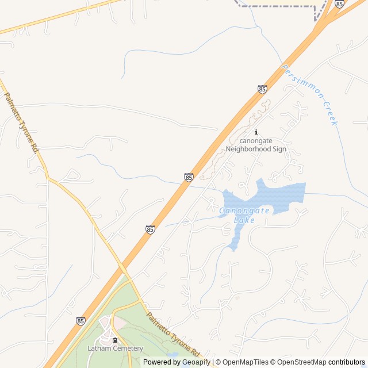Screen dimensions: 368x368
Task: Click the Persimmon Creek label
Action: click(x=311, y=95)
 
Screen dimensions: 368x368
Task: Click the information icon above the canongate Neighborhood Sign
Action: click(x=256, y=132)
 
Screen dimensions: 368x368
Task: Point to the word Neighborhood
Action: click(x=248, y=149)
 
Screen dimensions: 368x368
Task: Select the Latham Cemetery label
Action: click(x=115, y=348)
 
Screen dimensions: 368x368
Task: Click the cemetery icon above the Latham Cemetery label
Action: click(x=115, y=340)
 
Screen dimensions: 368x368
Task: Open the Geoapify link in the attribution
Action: click(x=196, y=362)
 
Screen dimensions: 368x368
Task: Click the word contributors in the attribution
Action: click(x=347, y=362)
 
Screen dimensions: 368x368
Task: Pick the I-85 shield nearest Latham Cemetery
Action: click(x=81, y=320)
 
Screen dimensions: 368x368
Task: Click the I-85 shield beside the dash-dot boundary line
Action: click(x=339, y=4)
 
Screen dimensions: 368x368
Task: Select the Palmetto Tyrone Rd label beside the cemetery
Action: click(x=172, y=334)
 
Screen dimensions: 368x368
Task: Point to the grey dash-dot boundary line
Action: click(x=276, y=6)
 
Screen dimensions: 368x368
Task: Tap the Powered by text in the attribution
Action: click(x=162, y=362)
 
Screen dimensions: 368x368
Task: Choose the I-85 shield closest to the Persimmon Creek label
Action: click(x=262, y=89)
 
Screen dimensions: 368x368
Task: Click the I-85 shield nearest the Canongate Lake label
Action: click(x=189, y=178)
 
